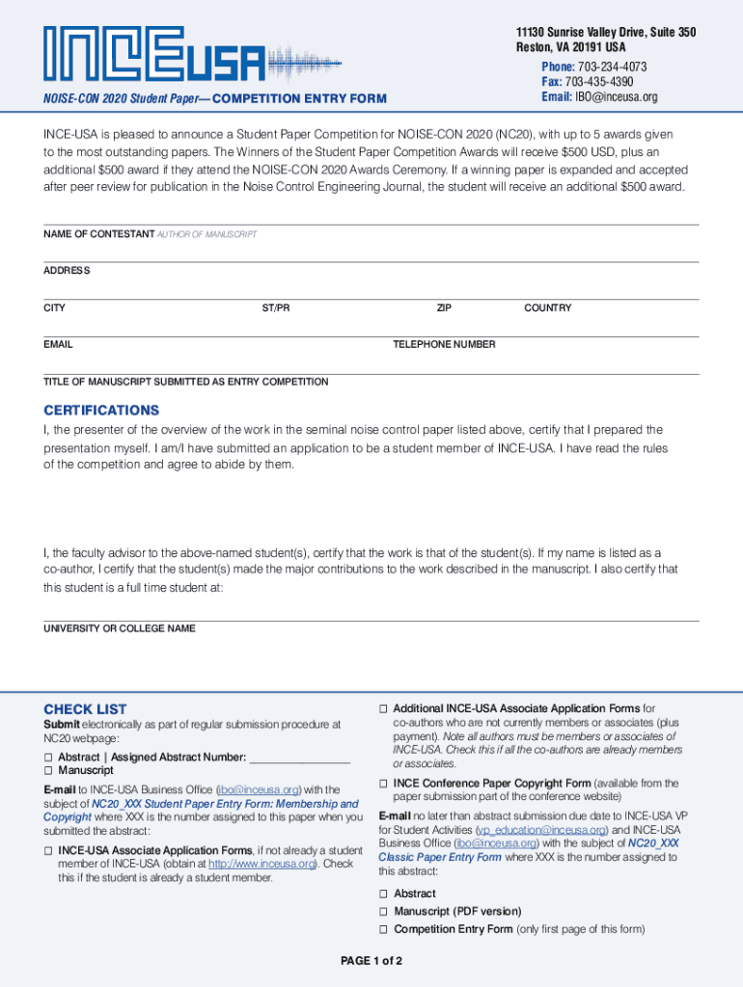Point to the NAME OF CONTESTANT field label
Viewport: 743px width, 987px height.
coord(98,234)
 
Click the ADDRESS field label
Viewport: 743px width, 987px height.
coord(67,271)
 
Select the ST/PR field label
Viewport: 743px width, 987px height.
coord(275,307)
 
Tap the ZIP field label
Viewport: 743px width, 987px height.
coord(444,307)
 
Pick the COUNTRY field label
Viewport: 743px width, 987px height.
coord(547,307)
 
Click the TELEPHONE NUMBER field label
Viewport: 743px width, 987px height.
coord(444,344)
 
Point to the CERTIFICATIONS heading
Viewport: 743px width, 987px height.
coord(101,410)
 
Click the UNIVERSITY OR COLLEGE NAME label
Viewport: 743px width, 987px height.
coord(120,628)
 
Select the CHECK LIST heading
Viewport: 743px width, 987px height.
coord(85,708)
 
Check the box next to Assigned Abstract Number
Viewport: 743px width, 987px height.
coord(48,758)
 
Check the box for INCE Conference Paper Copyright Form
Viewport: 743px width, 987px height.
coord(384,784)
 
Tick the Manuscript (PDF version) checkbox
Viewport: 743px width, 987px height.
coord(384,912)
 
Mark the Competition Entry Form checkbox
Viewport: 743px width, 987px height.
coord(384,929)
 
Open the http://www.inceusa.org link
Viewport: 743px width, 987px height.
coord(262,864)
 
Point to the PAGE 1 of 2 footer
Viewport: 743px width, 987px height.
coord(371,961)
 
